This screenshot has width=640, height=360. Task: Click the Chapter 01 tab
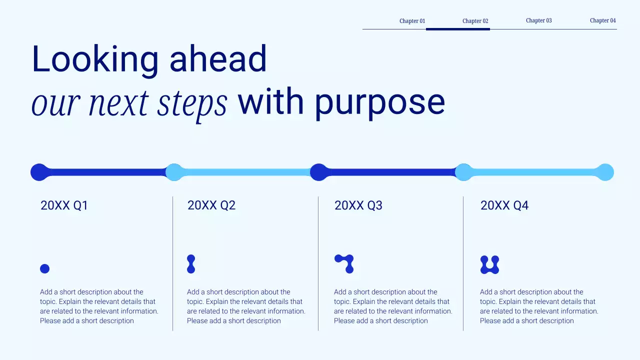pyautogui.click(x=412, y=21)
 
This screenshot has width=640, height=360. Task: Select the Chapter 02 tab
pyautogui.click(x=475, y=21)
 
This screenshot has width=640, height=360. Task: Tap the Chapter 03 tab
pyautogui.click(x=538, y=20)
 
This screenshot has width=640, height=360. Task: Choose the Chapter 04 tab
pyautogui.click(x=602, y=20)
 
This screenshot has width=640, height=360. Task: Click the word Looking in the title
pyautogui.click(x=94, y=59)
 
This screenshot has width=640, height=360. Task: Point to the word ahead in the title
pyautogui.click(x=218, y=59)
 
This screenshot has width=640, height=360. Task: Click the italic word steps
pyautogui.click(x=192, y=103)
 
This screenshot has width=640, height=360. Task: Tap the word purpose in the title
pyautogui.click(x=379, y=103)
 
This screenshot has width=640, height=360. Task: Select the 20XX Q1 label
pyautogui.click(x=64, y=205)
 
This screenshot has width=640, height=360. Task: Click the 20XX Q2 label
pyautogui.click(x=211, y=205)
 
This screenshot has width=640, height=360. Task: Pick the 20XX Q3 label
pyautogui.click(x=358, y=205)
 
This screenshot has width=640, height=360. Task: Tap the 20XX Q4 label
pyautogui.click(x=504, y=205)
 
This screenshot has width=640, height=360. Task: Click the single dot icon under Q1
pyautogui.click(x=44, y=268)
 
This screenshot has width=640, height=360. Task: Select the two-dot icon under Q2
pyautogui.click(x=191, y=264)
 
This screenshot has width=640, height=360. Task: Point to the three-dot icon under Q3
pyautogui.click(x=344, y=263)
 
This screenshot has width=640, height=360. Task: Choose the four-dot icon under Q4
pyautogui.click(x=489, y=264)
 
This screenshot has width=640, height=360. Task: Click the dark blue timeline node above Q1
pyautogui.click(x=39, y=172)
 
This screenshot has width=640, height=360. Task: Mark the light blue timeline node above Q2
pyautogui.click(x=174, y=172)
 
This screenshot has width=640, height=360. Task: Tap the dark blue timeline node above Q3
pyautogui.click(x=318, y=172)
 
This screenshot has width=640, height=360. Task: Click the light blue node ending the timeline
pyautogui.click(x=605, y=172)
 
